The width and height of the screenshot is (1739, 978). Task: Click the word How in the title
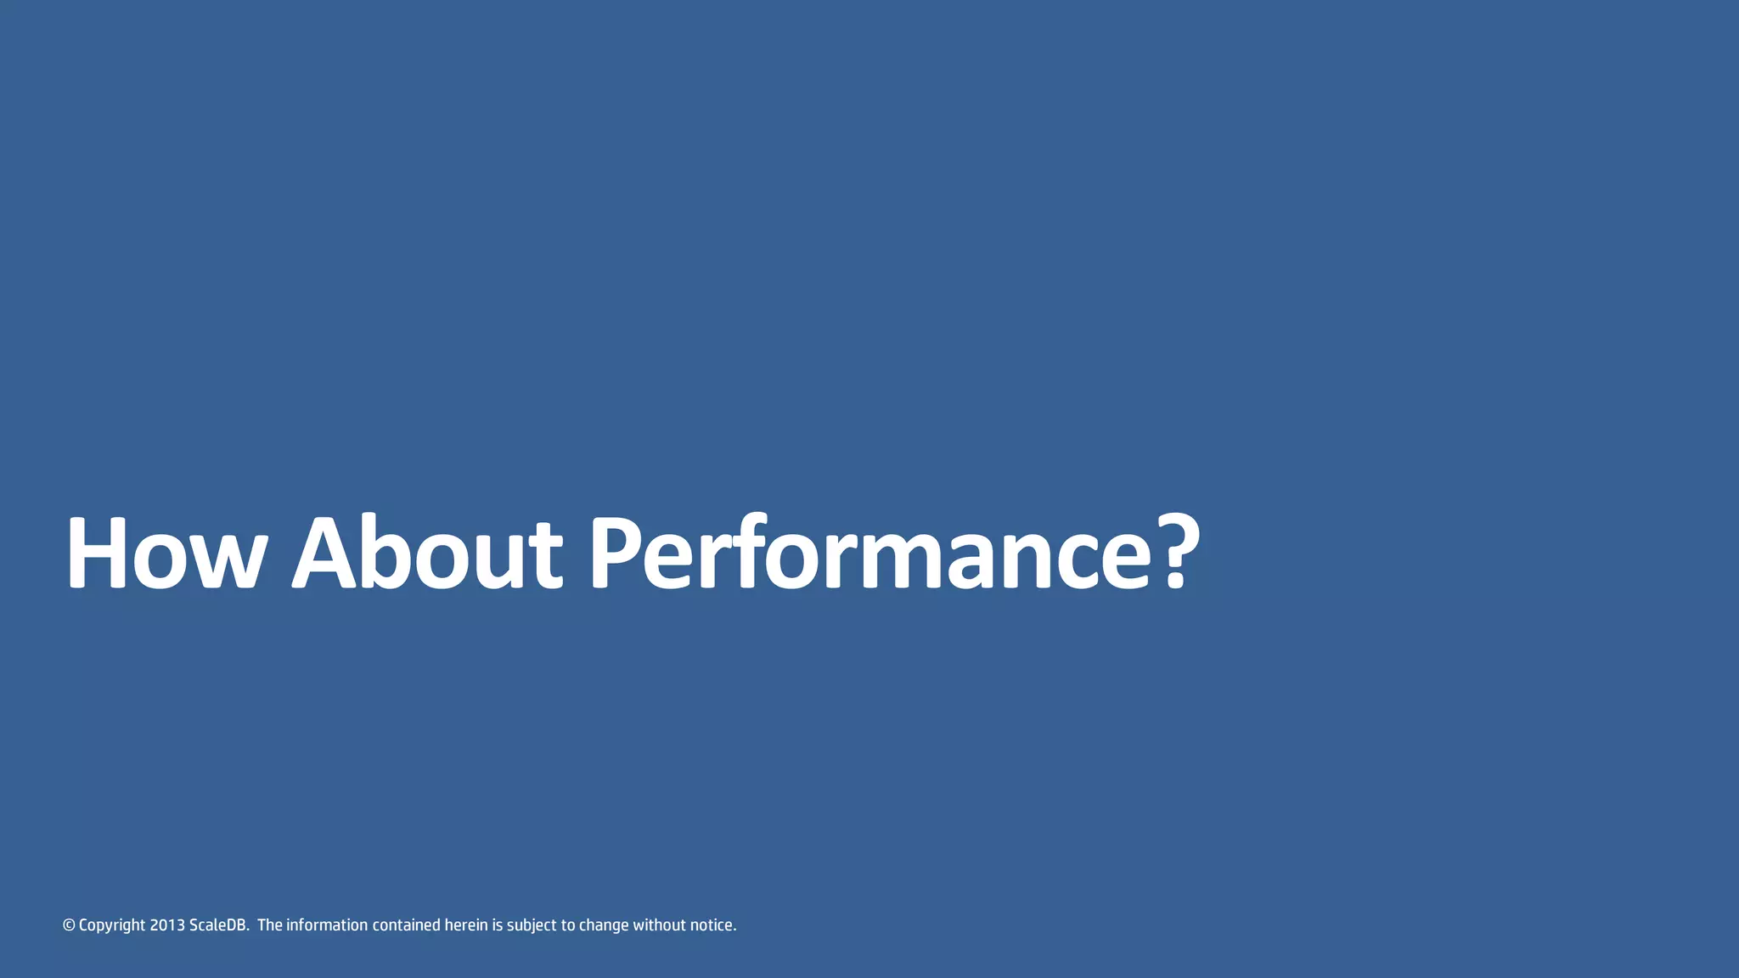point(166,554)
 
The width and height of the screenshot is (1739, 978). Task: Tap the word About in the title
point(426,554)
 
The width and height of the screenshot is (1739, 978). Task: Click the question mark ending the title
point(1176,554)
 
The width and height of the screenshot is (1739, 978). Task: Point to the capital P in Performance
point(613,554)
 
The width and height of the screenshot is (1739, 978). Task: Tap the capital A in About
point(324,554)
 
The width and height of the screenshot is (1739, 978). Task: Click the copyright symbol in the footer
point(69,925)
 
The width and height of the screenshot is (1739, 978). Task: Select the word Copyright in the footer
point(112,925)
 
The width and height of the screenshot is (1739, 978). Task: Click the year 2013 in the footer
point(167,925)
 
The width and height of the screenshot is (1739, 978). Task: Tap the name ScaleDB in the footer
point(218,925)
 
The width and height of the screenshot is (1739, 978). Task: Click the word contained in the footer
point(407,925)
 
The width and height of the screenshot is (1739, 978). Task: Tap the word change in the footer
point(604,925)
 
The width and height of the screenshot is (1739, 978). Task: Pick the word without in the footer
point(659,925)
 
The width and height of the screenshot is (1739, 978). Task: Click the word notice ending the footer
point(712,925)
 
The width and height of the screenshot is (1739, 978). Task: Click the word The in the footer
point(270,925)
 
